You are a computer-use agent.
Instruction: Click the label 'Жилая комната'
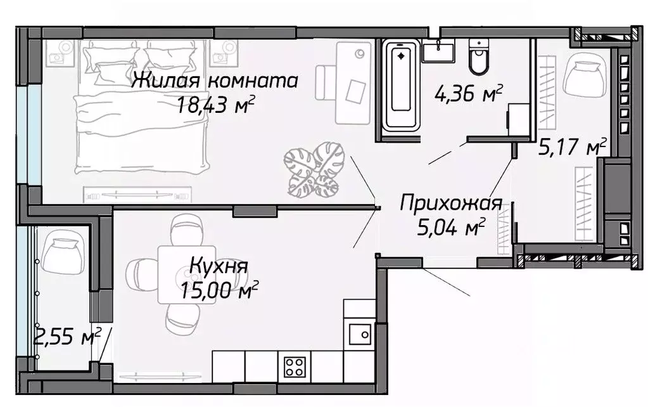[215, 81]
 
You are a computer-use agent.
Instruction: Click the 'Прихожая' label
[452, 203]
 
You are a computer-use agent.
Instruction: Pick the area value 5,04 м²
[451, 226]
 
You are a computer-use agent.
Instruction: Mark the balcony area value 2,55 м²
[65, 337]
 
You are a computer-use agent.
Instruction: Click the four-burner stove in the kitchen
[295, 366]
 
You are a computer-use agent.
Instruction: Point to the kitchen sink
[360, 332]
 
